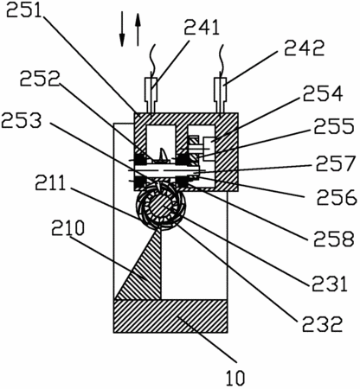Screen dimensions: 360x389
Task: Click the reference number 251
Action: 24,10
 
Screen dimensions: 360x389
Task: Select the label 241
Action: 202,27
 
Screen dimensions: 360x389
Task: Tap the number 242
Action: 305,48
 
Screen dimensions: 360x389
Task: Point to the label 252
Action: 40,78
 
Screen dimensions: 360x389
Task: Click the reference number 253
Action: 22,120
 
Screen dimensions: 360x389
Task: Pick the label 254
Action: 323,93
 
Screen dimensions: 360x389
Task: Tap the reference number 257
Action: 336,163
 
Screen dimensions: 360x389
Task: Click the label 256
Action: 337,197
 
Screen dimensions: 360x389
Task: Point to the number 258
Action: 334,239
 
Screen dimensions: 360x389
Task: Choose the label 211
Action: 51,182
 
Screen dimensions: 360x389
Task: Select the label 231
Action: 329,284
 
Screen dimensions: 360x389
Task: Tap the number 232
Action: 322,323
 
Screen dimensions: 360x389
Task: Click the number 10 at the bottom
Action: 235,378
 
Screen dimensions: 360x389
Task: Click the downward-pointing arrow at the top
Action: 122,29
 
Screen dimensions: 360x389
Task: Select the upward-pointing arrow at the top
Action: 138,29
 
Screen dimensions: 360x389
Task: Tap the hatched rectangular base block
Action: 170,316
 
